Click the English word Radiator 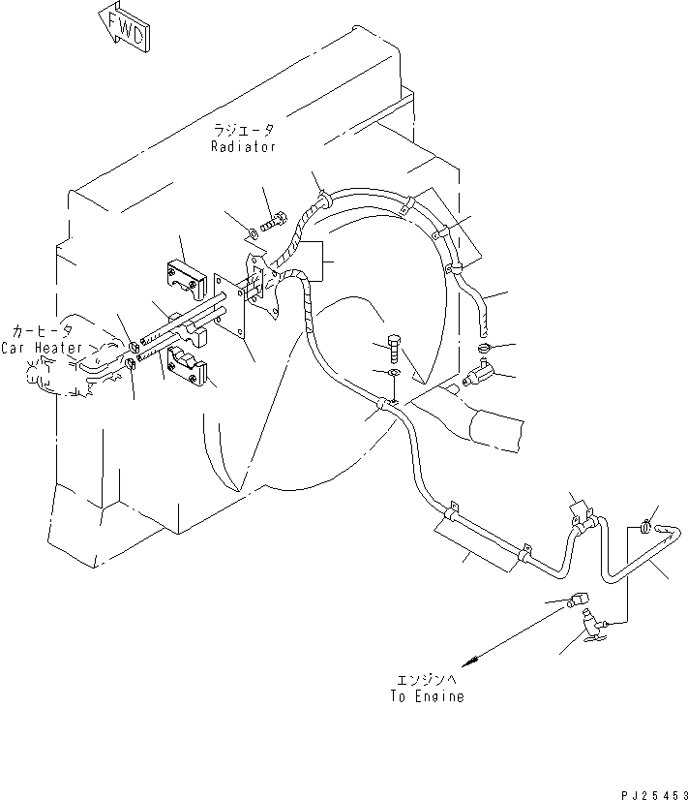coord(244,146)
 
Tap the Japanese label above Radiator coord(245,130)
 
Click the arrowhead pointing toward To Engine coord(469,662)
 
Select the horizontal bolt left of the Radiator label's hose coord(272,222)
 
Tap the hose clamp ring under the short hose coord(484,350)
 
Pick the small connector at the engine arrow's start coord(579,600)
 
